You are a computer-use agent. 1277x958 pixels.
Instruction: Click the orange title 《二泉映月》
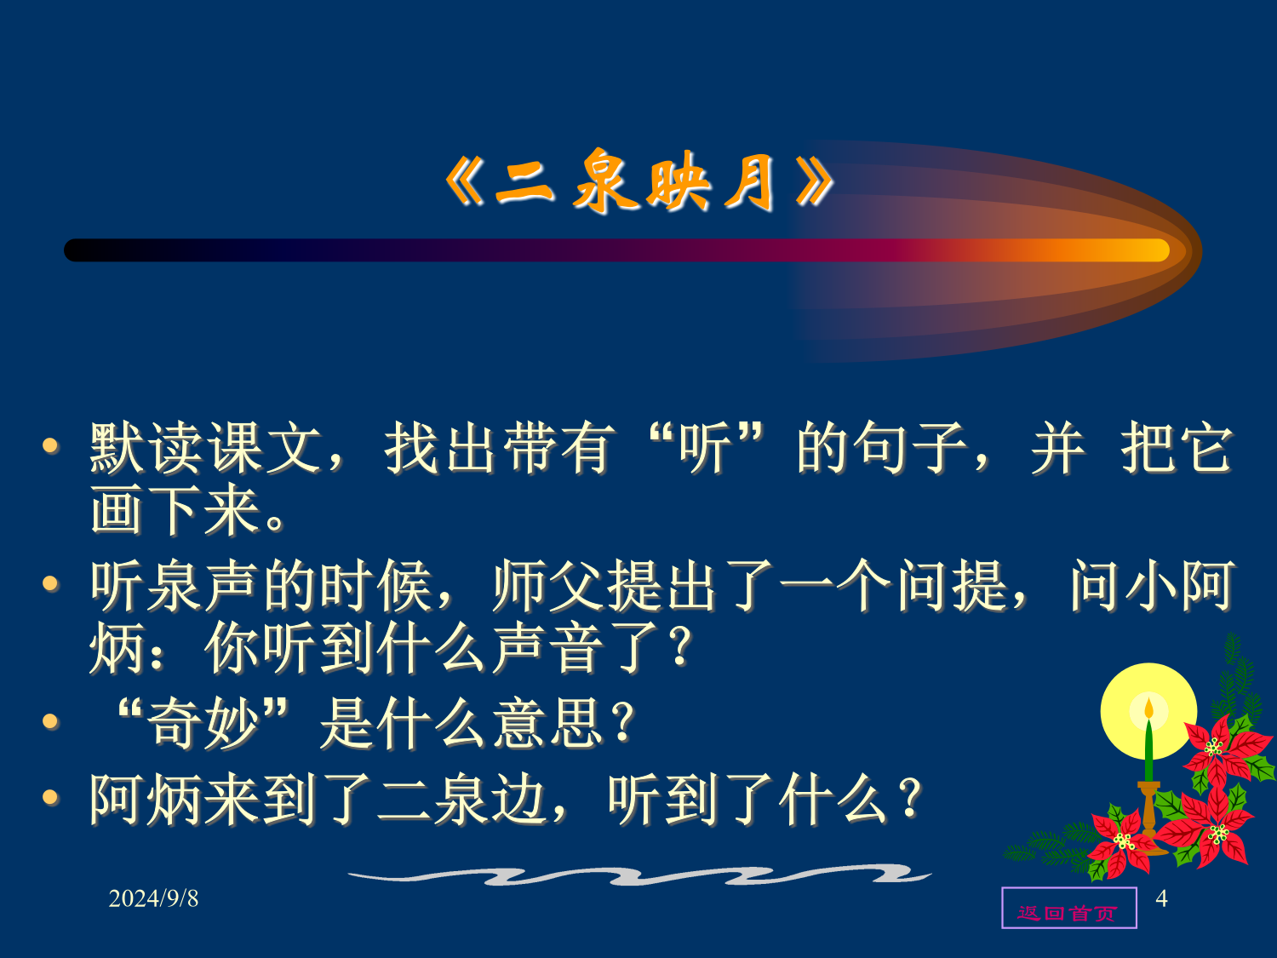tap(638, 182)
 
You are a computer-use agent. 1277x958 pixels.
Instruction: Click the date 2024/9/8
tap(153, 898)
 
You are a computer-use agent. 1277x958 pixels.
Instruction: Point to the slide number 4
tap(1161, 898)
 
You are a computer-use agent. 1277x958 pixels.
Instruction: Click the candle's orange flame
tap(1149, 709)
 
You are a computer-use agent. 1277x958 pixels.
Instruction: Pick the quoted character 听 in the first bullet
tap(706, 449)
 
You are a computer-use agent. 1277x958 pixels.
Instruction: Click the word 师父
tap(548, 586)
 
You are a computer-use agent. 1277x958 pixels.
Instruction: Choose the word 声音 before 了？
tap(548, 647)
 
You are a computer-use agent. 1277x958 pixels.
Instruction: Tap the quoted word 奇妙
tap(203, 723)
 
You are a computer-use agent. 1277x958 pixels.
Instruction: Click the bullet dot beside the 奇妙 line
tap(51, 721)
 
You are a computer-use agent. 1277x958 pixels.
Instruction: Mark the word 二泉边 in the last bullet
tap(462, 800)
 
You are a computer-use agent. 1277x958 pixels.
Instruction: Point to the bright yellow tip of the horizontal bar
tap(1154, 250)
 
